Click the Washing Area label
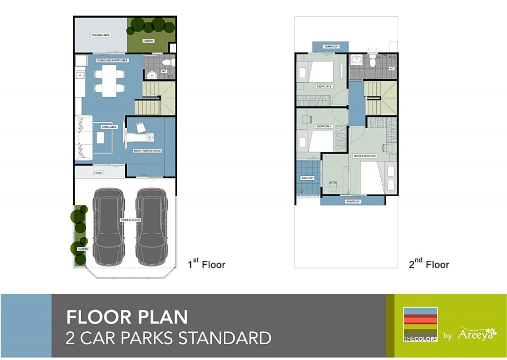(100, 35)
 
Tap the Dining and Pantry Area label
(112, 60)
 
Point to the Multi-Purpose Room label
(148, 151)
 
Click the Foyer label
(99, 173)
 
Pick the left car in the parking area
(108, 227)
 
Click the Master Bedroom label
(364, 156)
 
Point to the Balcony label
(307, 178)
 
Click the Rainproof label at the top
(331, 47)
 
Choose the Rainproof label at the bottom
(353, 202)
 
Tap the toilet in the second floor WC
(373, 61)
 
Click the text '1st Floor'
(206, 264)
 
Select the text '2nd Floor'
(429, 264)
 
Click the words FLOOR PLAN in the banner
(127, 317)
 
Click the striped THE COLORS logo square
(420, 325)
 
